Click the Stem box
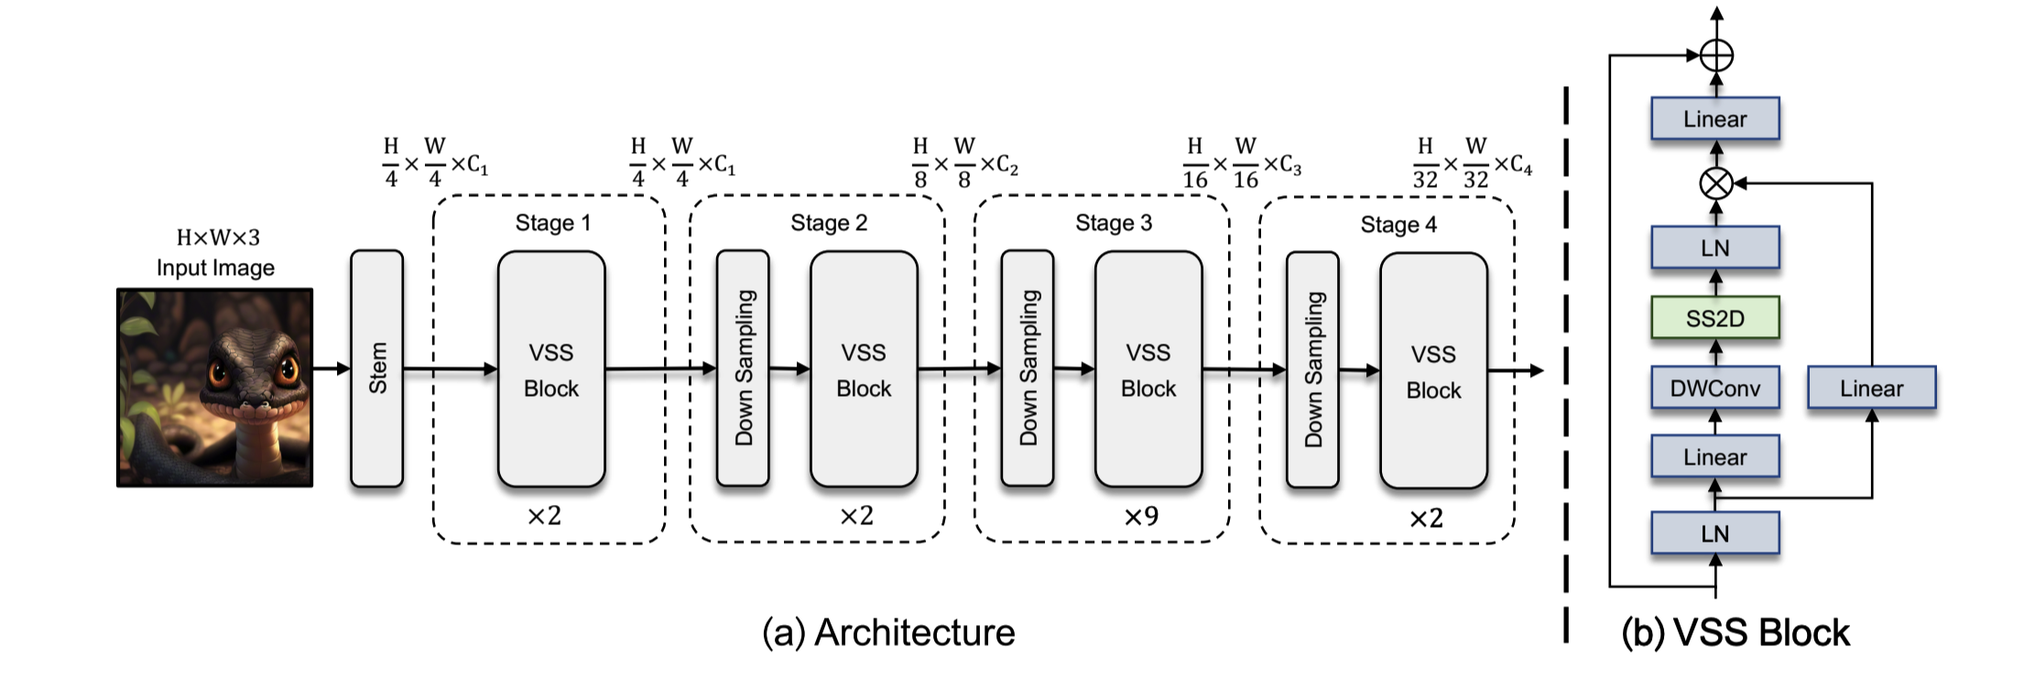[x=376, y=368]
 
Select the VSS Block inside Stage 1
[x=551, y=369]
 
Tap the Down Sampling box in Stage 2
[x=743, y=368]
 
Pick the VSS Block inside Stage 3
[x=1148, y=369]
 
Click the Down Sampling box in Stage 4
[x=1312, y=369]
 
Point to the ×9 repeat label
[x=1141, y=517]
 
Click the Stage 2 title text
[x=829, y=223]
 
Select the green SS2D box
[x=1714, y=318]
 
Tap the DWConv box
[x=1714, y=388]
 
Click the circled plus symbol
[x=1716, y=56]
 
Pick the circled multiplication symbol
[x=1715, y=183]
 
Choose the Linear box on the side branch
[x=1871, y=388]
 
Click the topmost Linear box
[x=1714, y=118]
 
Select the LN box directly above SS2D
[x=1714, y=247]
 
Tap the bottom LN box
[x=1714, y=533]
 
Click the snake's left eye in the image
[x=220, y=371]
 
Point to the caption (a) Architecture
[x=888, y=632]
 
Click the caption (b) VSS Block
[x=1735, y=632]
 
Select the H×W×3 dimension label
[x=218, y=237]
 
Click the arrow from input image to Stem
[x=332, y=368]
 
